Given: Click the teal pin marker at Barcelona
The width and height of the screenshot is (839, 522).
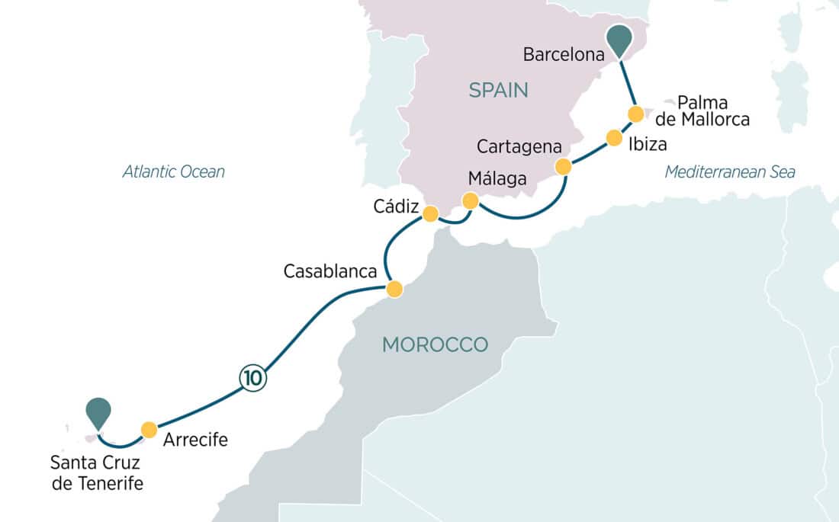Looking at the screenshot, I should click(621, 39).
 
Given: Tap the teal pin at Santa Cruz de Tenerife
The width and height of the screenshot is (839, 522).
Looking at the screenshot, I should click(98, 412).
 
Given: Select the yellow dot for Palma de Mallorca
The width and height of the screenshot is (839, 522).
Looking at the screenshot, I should click(635, 114).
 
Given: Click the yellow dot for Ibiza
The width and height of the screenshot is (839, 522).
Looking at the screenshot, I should click(614, 138).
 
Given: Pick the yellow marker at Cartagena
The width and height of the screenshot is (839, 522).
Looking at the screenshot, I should click(563, 167).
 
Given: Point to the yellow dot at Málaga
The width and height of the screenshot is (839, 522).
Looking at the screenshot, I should click(471, 201).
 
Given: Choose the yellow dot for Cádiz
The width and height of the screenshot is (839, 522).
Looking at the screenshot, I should click(430, 213).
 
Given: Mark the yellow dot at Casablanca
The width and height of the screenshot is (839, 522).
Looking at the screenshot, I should click(394, 290).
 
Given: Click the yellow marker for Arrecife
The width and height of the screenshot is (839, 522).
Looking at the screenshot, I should click(149, 428).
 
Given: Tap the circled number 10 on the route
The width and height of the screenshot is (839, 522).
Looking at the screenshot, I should click(253, 377).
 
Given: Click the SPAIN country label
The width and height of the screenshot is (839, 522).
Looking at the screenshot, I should click(498, 91).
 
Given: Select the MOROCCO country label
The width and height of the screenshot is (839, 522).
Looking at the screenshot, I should click(435, 344).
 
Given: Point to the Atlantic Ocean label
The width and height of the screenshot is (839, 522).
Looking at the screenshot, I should click(174, 171).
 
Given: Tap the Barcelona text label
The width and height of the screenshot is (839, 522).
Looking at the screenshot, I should click(564, 54).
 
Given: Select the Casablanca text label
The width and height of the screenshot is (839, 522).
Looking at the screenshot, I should click(330, 271).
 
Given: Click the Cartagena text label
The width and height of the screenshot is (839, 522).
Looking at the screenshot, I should click(519, 146).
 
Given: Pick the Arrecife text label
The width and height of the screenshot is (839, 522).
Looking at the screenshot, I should click(195, 440).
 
